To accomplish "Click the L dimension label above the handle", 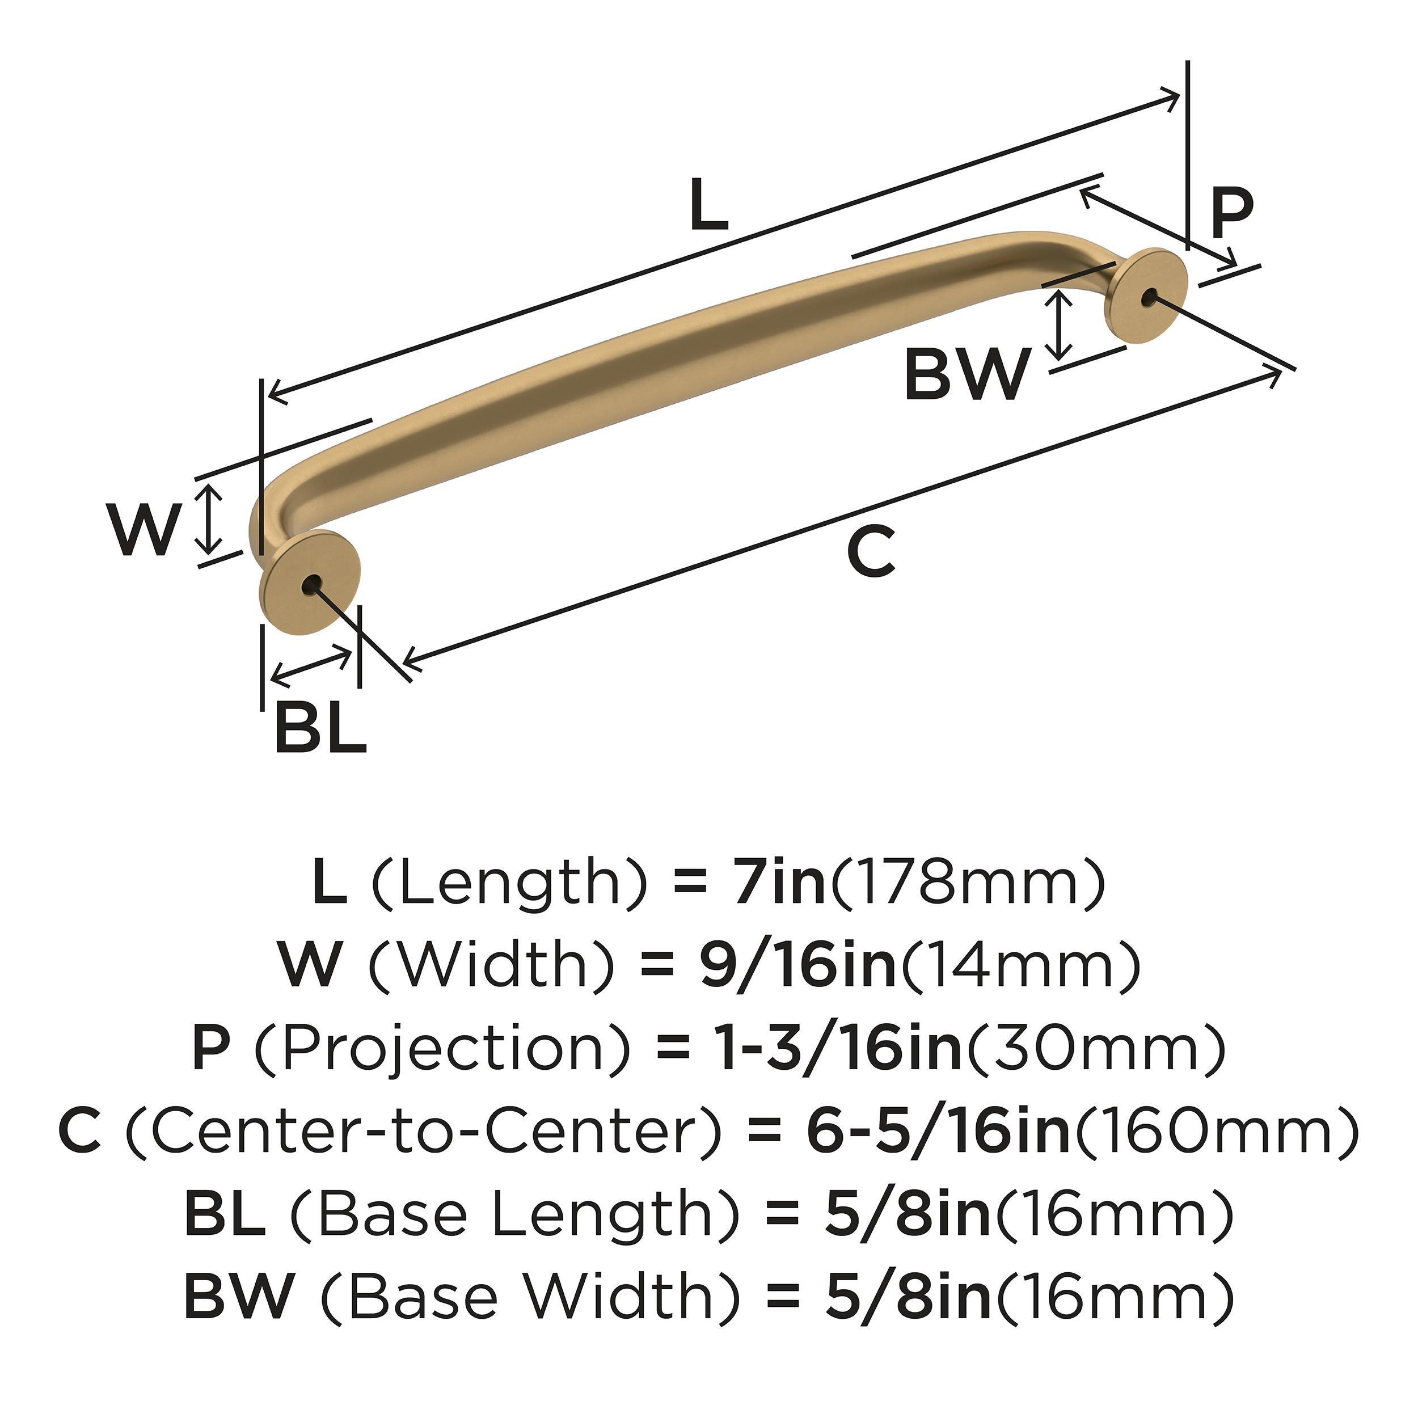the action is coord(709,205).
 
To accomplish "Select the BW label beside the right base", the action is coord(966,374).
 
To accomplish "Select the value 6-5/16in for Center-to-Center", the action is coord(939,1130).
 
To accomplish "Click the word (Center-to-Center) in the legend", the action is coord(421,1131).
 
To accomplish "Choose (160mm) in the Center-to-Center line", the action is coord(1216,1131).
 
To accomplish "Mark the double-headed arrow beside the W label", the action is coord(210,519).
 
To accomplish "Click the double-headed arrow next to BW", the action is coord(1058,324).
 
